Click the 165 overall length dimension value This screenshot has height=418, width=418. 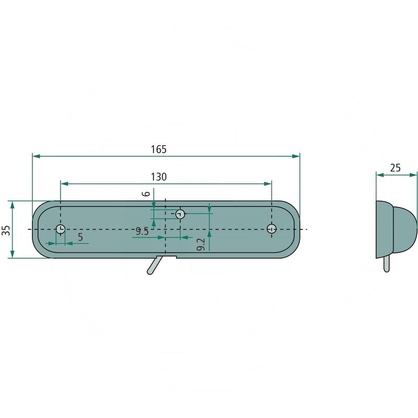[x=159, y=149]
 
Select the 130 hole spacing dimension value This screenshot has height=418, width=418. [x=159, y=177]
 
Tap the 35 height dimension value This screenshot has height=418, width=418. [x=6, y=230]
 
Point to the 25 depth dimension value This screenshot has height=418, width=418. [x=395, y=168]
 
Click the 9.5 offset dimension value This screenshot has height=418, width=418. [x=142, y=231]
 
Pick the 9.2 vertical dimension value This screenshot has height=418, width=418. [x=201, y=244]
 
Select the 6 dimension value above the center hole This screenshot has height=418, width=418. [x=146, y=194]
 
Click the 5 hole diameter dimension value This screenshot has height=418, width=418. [x=80, y=237]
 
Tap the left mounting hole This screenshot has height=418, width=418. [x=61, y=229]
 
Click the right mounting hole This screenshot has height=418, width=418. [x=272, y=229]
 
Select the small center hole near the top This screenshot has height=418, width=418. [x=180, y=214]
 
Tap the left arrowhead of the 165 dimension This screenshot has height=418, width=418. [x=36, y=156]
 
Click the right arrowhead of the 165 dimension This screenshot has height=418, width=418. [x=296, y=156]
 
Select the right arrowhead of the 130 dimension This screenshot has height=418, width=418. [x=268, y=184]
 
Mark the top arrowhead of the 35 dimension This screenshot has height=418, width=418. [x=12, y=205]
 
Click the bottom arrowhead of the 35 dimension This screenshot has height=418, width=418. [x=12, y=254]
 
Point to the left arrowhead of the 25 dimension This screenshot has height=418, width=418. [x=380, y=175]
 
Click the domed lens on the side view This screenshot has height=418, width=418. [x=404, y=229]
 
